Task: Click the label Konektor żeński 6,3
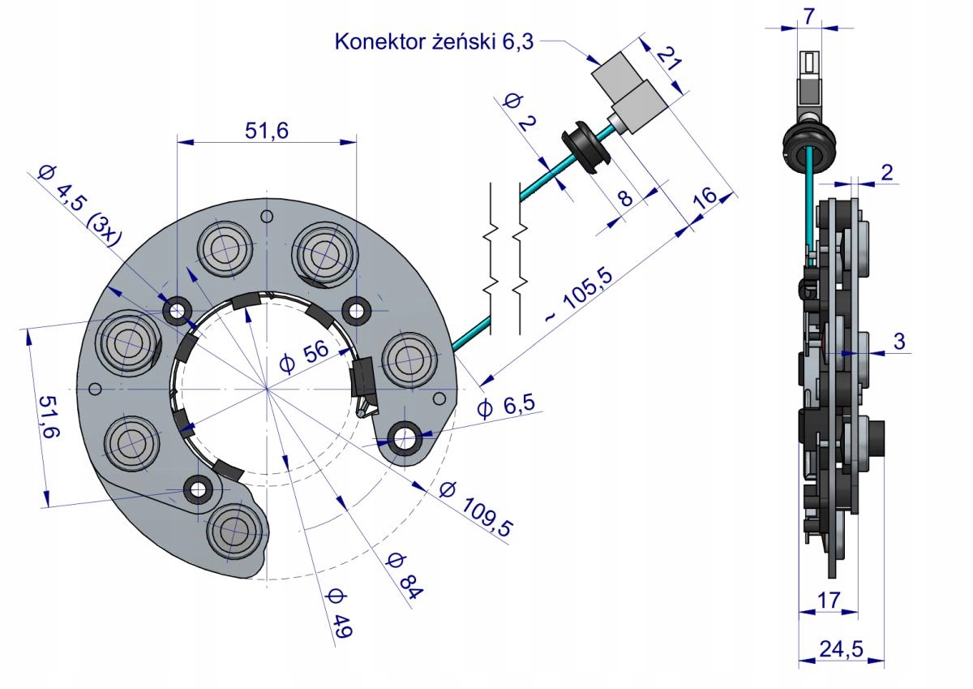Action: [x=434, y=41]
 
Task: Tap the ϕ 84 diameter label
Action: [x=404, y=575]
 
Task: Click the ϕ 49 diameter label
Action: [x=336, y=615]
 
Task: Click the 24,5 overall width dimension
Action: [x=840, y=648]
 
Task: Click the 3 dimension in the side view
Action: [x=899, y=342]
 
